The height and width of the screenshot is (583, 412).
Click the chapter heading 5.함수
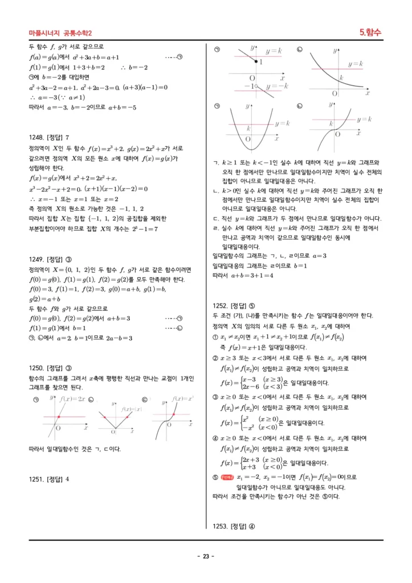click(x=370, y=32)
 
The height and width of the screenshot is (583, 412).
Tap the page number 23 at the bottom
click(x=206, y=556)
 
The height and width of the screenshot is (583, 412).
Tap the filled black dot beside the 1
click(x=255, y=61)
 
